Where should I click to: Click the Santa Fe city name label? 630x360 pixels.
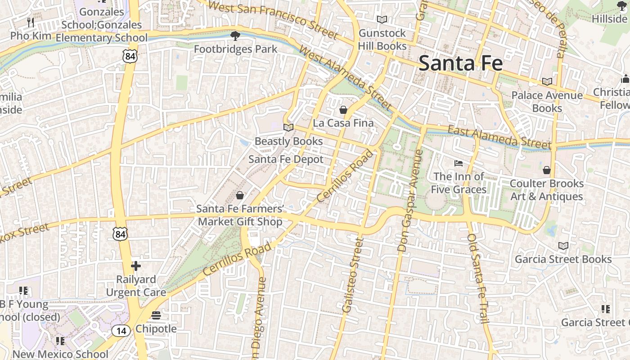(x=460, y=63)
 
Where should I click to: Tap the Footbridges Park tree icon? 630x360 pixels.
(x=235, y=36)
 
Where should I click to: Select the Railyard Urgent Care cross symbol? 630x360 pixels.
(x=135, y=266)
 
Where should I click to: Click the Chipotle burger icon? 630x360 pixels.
(x=156, y=315)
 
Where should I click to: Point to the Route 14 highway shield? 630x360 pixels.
(x=121, y=331)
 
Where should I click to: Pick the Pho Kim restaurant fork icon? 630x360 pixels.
(x=31, y=22)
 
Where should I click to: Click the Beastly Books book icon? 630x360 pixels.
(x=288, y=128)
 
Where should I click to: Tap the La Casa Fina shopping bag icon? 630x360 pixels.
(x=343, y=110)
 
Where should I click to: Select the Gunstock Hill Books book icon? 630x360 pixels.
(x=382, y=20)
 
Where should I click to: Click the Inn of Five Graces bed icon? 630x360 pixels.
(x=459, y=163)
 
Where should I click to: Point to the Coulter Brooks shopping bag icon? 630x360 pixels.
(x=546, y=170)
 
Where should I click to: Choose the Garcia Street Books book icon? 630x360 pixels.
(x=563, y=246)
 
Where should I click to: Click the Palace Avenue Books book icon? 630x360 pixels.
(x=547, y=82)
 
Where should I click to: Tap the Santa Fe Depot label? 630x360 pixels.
(x=286, y=159)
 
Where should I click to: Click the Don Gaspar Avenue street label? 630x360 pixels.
(x=410, y=200)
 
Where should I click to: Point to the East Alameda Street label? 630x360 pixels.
(x=499, y=137)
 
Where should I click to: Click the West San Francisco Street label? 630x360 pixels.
(x=273, y=19)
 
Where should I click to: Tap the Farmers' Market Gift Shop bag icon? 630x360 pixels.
(x=240, y=195)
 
